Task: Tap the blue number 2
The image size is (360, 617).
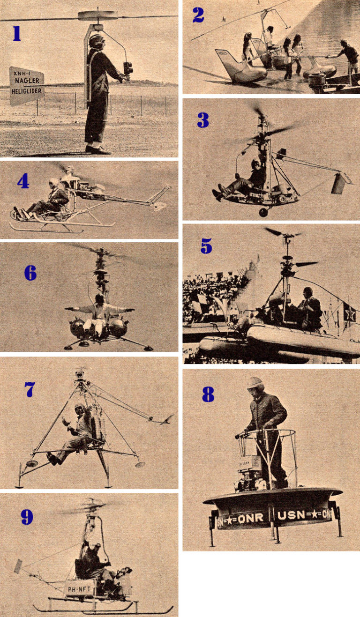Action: pyautogui.click(x=198, y=15)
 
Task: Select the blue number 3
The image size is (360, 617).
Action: pyautogui.click(x=202, y=120)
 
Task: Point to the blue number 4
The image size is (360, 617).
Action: pyautogui.click(x=23, y=181)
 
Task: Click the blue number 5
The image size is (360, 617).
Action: pyautogui.click(x=206, y=245)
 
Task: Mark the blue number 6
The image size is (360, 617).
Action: pyautogui.click(x=30, y=273)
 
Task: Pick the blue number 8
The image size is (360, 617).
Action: pyautogui.click(x=208, y=394)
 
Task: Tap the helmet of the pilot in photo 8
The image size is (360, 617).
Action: pyautogui.click(x=256, y=383)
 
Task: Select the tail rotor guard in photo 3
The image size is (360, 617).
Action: pyautogui.click(x=341, y=183)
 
